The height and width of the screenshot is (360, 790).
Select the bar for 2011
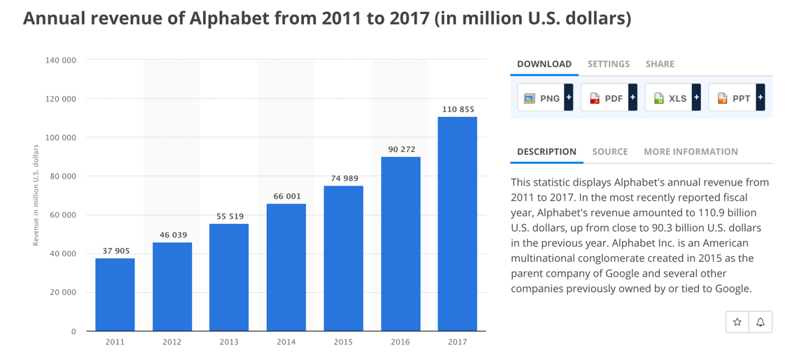(x=115, y=295)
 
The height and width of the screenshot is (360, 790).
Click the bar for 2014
(x=286, y=268)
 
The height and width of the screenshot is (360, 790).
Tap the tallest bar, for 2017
(x=457, y=224)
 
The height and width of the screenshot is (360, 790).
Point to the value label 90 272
(x=401, y=149)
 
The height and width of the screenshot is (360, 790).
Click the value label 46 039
(x=172, y=235)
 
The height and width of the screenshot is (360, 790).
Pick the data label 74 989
(x=344, y=178)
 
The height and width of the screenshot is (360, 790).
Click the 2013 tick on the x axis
(x=229, y=342)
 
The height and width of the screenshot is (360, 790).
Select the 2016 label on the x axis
(x=401, y=342)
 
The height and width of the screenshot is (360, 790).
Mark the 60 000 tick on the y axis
(x=64, y=215)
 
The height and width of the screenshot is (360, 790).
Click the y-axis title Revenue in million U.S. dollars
(x=36, y=195)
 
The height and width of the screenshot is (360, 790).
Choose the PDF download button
(x=609, y=98)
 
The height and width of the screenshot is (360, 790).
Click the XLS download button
(x=673, y=98)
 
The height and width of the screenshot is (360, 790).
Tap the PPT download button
(x=737, y=98)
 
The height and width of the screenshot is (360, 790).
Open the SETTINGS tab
(x=609, y=64)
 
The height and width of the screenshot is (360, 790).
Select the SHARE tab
(x=660, y=64)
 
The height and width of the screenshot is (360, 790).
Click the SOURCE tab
(x=610, y=152)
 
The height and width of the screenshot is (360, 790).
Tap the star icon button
(x=737, y=322)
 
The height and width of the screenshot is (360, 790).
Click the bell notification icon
(x=761, y=322)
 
